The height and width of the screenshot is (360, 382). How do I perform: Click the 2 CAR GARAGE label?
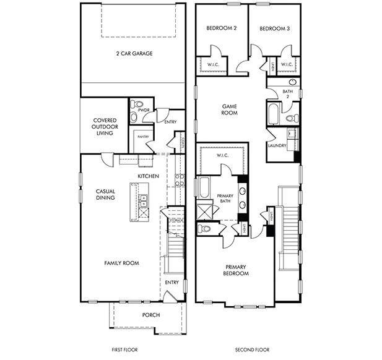click(134, 53)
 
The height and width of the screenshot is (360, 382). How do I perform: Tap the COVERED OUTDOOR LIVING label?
click(105, 127)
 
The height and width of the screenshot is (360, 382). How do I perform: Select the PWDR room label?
click(144, 109)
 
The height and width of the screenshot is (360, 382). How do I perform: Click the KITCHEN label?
click(149, 176)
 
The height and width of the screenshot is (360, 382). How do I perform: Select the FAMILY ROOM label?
click(121, 263)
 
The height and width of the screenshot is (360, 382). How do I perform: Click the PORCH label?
click(150, 315)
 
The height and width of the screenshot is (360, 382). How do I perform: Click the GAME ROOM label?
click(230, 109)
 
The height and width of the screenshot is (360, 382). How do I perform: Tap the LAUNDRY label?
click(276, 145)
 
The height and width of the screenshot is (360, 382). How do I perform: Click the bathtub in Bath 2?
click(274, 114)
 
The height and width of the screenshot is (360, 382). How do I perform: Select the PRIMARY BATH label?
click(225, 199)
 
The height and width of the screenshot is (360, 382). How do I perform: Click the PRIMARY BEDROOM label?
click(236, 270)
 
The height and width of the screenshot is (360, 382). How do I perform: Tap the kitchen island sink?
click(143, 200)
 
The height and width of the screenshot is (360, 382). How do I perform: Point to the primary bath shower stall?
click(205, 210)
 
